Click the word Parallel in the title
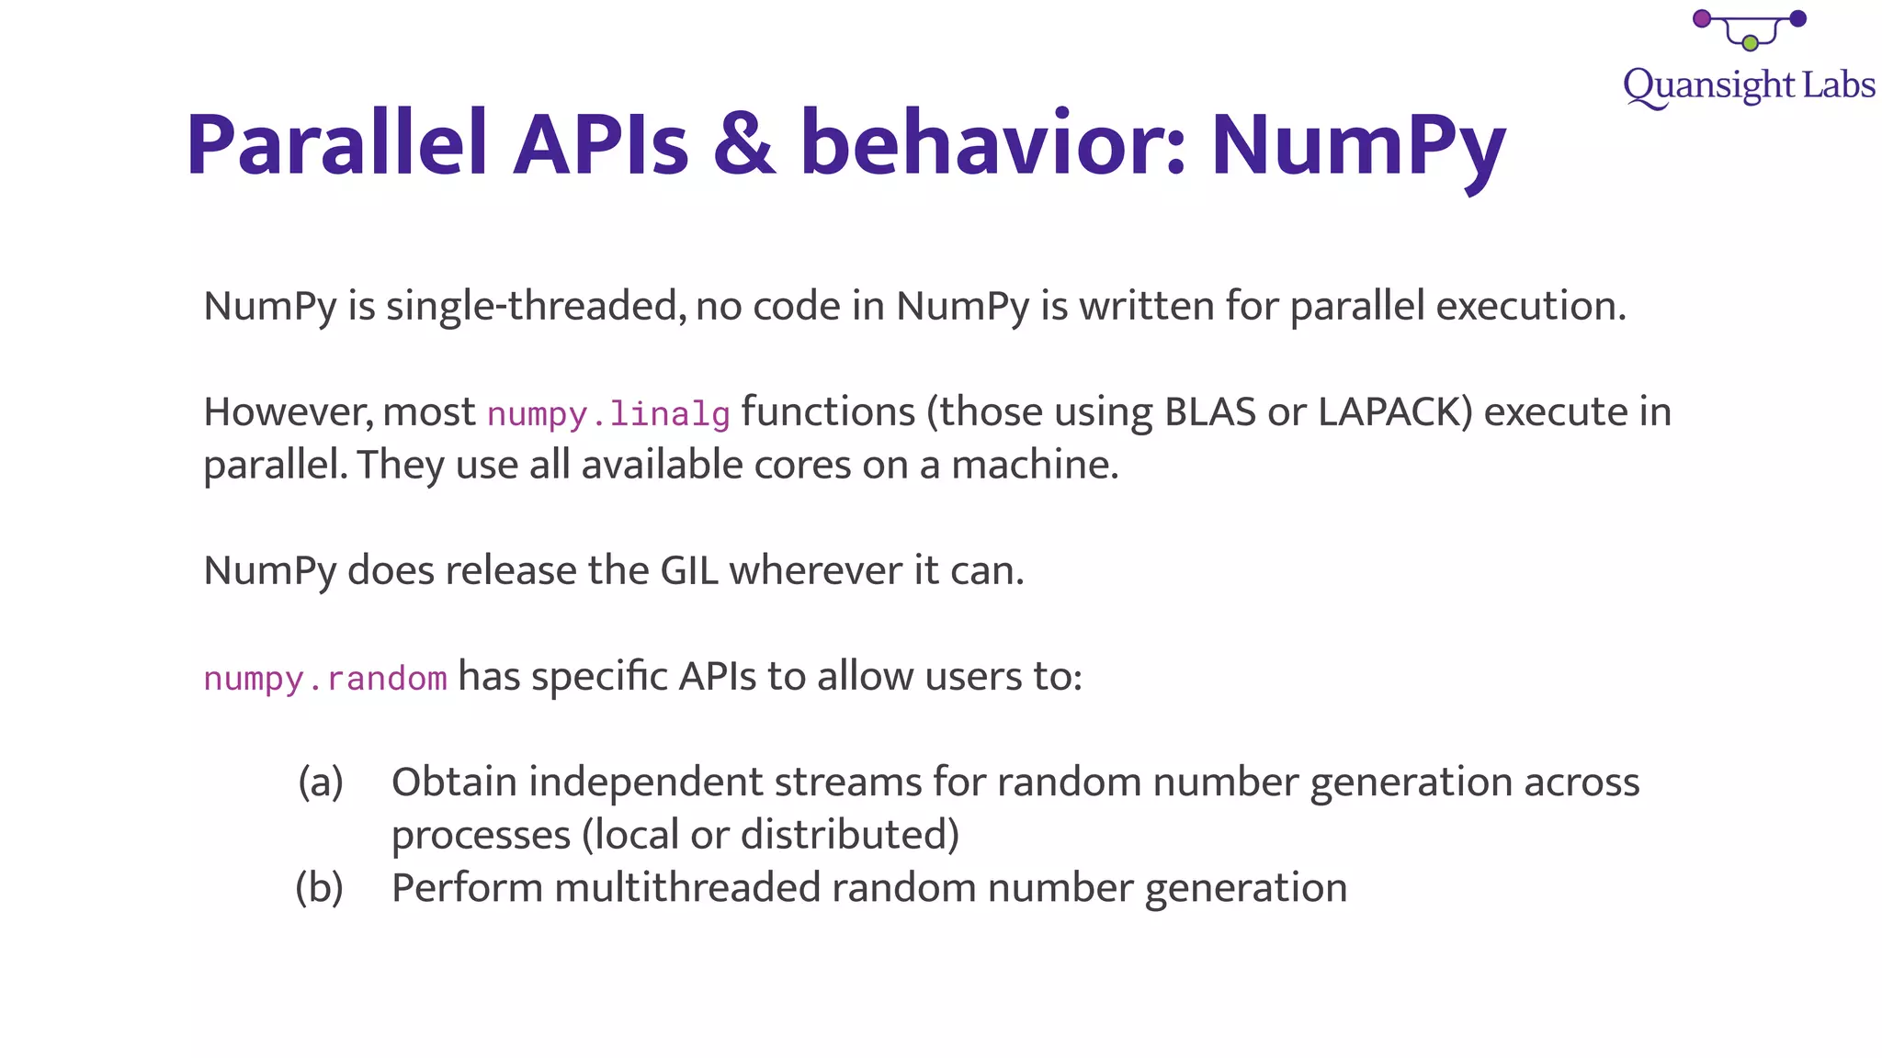click(x=336, y=145)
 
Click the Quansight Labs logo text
click(x=1748, y=86)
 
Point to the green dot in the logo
click(x=1750, y=43)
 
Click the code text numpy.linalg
click(x=608, y=414)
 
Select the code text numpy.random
click(x=325, y=679)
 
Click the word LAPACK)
click(x=1395, y=412)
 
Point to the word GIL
click(x=689, y=571)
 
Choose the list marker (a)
click(x=321, y=782)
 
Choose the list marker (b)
click(x=320, y=888)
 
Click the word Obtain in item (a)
click(x=454, y=782)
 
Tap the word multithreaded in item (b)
click(x=687, y=888)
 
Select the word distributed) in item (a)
click(x=849, y=835)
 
